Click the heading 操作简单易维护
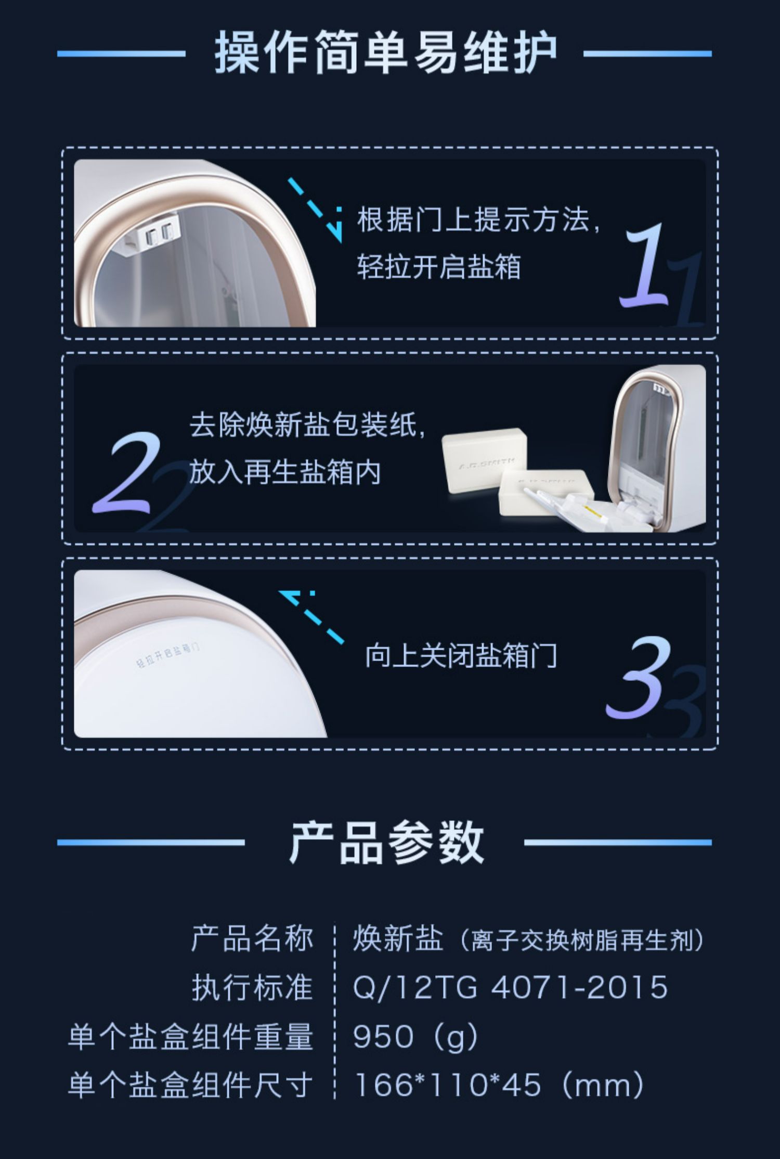[385, 53]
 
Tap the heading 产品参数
[386, 842]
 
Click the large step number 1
[644, 265]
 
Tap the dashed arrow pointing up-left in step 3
[311, 617]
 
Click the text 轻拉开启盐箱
[438, 267]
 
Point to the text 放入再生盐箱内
[285, 472]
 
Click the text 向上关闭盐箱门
[461, 655]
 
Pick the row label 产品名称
[252, 939]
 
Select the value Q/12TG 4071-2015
[510, 987]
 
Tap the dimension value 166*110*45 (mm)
[499, 1085]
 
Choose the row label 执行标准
[252, 987]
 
